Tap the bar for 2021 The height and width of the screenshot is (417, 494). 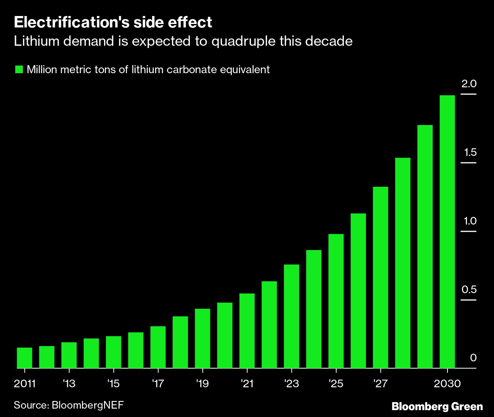click(247, 330)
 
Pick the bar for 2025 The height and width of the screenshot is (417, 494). click(336, 301)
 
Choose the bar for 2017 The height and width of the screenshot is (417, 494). click(158, 347)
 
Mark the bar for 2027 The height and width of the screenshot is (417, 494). click(380, 277)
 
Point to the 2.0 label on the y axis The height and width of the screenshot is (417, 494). click(469, 84)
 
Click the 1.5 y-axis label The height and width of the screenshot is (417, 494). click(469, 152)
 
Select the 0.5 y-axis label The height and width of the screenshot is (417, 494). click(469, 290)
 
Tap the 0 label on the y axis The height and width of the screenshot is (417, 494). click(473, 358)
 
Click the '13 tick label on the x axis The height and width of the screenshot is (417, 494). click(69, 383)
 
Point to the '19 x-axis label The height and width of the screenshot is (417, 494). click(202, 383)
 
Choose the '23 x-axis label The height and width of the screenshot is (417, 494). click(292, 383)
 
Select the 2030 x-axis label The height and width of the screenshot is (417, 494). click(447, 383)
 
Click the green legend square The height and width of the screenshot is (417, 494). click(19, 69)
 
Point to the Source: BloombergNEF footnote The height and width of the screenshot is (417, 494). click(69, 405)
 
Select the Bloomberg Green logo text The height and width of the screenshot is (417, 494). click(437, 406)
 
